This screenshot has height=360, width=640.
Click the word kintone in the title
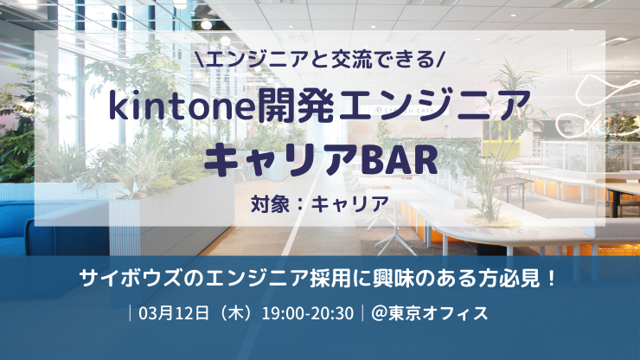tap(172, 106)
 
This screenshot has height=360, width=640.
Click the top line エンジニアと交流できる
tap(319, 60)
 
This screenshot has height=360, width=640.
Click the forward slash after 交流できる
tap(441, 60)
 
